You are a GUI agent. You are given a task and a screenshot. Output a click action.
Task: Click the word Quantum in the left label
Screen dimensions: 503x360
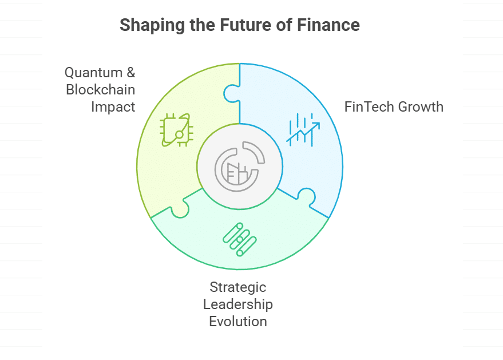click(x=93, y=73)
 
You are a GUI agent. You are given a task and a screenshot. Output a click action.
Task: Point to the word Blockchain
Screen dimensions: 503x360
click(x=100, y=89)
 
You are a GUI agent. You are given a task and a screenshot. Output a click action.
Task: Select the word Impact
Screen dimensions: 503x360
click(x=113, y=107)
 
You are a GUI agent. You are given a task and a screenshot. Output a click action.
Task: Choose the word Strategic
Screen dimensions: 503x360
click(x=238, y=287)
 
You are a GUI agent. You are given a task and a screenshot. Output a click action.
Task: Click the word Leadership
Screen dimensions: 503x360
click(x=238, y=304)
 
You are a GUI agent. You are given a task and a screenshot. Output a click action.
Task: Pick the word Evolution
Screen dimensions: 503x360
click(x=238, y=322)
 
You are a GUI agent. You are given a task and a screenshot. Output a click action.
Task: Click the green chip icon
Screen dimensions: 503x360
click(x=177, y=130)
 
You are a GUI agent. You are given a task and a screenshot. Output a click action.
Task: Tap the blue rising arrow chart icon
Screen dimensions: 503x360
click(x=303, y=130)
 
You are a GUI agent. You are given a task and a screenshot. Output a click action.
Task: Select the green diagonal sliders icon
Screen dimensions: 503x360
click(x=240, y=239)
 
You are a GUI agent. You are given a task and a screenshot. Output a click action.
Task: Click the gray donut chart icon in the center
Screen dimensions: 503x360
click(x=240, y=167)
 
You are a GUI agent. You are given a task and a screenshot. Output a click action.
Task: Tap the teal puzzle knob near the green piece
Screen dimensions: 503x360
click(x=180, y=209)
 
